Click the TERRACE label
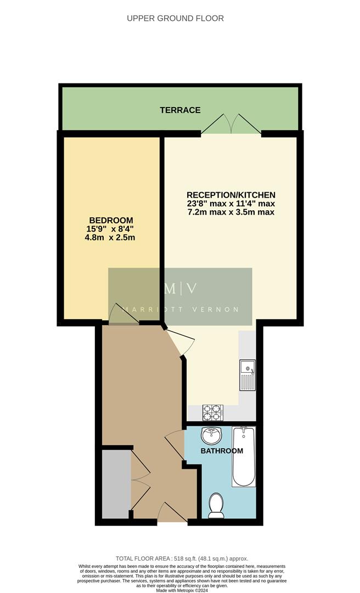(x=180, y=110)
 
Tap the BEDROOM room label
(x=111, y=220)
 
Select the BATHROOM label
(x=221, y=451)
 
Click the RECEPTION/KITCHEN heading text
(x=230, y=195)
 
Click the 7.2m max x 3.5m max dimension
(x=230, y=212)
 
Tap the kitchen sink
(x=248, y=375)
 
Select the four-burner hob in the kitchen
(x=213, y=411)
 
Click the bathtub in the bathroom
(x=244, y=458)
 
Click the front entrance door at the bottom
(x=172, y=513)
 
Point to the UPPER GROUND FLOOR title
(x=175, y=18)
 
